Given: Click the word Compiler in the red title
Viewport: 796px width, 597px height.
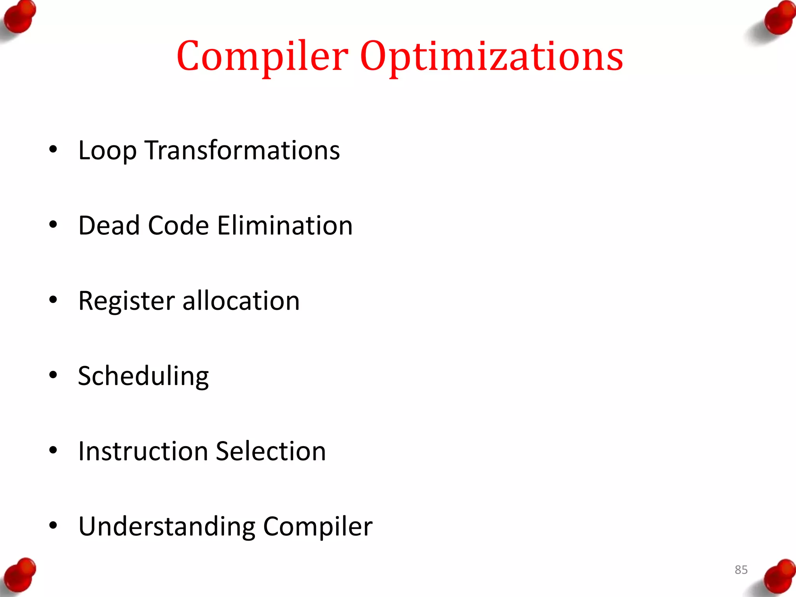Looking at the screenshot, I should tap(262, 56).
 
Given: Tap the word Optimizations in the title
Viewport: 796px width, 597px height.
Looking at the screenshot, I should tap(492, 56).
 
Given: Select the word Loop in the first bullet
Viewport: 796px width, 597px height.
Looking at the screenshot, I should tap(107, 150).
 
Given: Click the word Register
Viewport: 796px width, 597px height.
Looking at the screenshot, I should tap(126, 301).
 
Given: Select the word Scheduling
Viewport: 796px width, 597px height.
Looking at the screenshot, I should tap(143, 376).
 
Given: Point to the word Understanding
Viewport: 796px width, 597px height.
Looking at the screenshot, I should tap(167, 526).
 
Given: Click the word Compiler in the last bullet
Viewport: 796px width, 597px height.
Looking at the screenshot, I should tap(318, 526).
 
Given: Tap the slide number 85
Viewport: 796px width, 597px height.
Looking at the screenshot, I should tap(741, 570).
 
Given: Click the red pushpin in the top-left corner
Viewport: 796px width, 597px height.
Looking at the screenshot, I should tap(19, 17).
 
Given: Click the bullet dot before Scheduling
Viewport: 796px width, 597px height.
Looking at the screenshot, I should tap(53, 375).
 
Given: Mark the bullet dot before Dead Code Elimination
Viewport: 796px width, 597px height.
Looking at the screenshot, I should tap(53, 224).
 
